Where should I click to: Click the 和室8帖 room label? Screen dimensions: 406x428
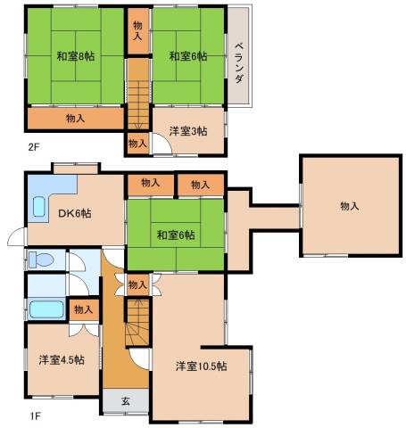tap(76, 56)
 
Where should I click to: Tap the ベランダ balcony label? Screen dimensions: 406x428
tap(240, 62)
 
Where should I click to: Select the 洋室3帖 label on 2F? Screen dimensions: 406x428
tap(188, 131)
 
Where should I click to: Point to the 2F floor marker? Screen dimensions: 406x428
tap(34, 147)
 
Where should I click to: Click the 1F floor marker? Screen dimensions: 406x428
tap(35, 416)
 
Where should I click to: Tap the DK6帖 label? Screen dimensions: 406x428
tap(75, 213)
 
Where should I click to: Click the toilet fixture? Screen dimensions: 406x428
tap(41, 259)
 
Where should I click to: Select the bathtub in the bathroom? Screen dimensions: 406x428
tap(46, 309)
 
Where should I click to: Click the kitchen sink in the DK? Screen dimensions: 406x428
tap(39, 207)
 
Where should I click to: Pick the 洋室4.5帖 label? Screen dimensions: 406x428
tap(62, 360)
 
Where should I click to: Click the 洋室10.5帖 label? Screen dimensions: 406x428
tap(202, 366)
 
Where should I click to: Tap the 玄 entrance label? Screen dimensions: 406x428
tap(126, 401)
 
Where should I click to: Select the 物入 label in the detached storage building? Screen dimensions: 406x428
tap(350, 206)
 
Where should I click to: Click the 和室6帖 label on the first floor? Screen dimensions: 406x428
tap(176, 235)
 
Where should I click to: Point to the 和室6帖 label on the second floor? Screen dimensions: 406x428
tap(188, 56)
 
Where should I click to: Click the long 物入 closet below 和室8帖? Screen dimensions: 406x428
tap(76, 119)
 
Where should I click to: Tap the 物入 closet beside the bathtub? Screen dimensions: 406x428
tap(84, 309)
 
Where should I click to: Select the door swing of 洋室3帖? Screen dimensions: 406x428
tap(162, 143)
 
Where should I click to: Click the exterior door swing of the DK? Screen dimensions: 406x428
tap(17, 236)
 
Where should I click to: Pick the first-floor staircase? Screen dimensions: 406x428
tap(137, 323)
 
